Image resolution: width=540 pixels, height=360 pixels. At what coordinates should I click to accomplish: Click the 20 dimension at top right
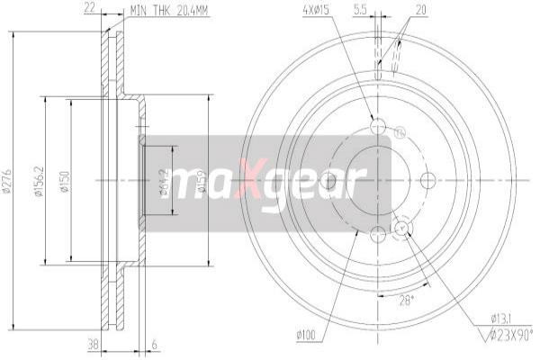coord(419,12)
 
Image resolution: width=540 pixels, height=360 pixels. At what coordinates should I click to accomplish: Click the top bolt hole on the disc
coord(377,126)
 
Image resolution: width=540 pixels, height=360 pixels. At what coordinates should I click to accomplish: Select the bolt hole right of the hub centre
coord(424,181)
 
